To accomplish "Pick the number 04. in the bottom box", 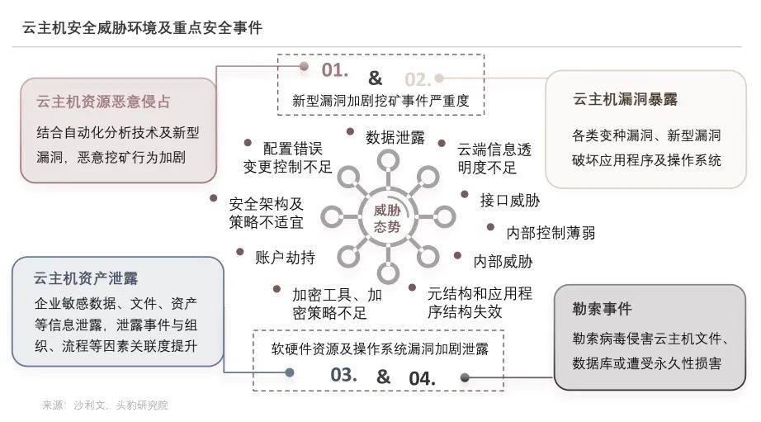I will (x=422, y=377).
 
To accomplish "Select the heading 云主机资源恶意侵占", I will (x=103, y=102).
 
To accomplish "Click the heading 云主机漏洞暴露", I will (x=625, y=99).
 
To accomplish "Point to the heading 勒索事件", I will (x=602, y=309).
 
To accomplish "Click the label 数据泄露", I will (x=395, y=138).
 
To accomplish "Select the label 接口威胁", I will (x=510, y=199).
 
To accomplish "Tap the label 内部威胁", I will (x=503, y=262).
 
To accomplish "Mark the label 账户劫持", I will (x=286, y=257).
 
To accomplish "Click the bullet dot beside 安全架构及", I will (x=213, y=198).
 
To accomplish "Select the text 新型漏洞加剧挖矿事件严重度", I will (x=380, y=102).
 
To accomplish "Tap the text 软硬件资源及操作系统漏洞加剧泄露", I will (x=380, y=349).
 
